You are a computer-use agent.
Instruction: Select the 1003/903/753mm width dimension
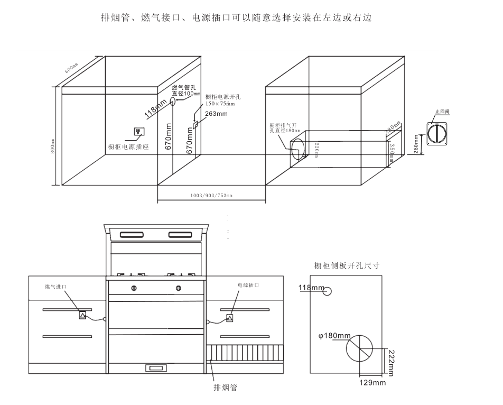click(211, 196)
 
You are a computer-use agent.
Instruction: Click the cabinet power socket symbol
click(139, 131)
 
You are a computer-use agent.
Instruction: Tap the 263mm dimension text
click(217, 114)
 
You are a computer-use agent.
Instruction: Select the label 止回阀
click(442, 112)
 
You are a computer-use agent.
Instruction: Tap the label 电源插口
click(248, 285)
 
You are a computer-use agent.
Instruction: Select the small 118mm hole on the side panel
click(328, 291)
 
